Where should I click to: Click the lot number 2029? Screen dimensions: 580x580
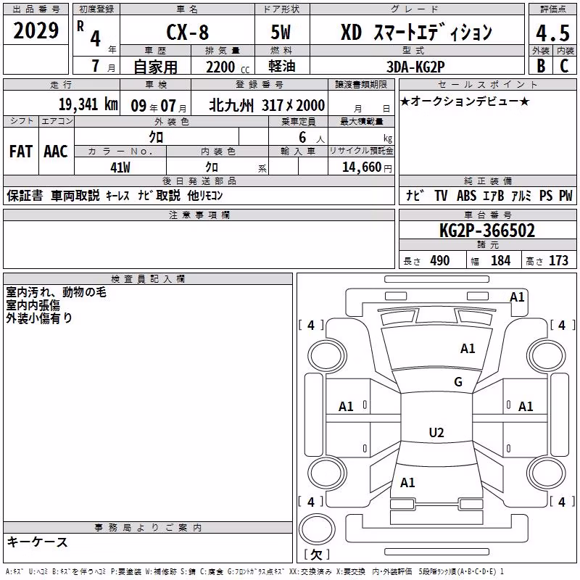pos(36,30)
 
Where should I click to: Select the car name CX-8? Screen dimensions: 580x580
pos(188,32)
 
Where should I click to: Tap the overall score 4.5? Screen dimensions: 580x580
pos(552,33)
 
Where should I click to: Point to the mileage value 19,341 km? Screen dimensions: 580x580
pos(88,104)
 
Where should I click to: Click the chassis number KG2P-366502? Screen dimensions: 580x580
pos(487,231)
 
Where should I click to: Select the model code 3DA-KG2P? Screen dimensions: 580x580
pos(415,67)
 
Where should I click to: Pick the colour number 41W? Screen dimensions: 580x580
pos(120,167)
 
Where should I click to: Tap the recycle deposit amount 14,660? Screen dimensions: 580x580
pos(361,167)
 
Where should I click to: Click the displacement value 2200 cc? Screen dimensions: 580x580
pos(228,67)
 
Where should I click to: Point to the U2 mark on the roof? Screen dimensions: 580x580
pos(436,432)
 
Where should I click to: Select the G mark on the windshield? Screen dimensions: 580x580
pos(458,382)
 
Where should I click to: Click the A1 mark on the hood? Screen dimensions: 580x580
pos(468,349)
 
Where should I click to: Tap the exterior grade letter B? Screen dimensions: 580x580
pos(541,66)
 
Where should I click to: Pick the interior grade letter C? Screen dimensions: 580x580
pos(564,66)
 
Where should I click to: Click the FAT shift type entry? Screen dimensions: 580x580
pos(21,152)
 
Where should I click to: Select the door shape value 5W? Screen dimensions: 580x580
pos(281,32)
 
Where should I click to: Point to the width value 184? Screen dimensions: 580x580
pos(500,260)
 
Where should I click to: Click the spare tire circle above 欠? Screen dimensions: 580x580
pos(317,529)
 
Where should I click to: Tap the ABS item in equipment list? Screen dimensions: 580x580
pos(466,195)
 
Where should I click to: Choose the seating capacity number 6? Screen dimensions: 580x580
pos(302,137)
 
